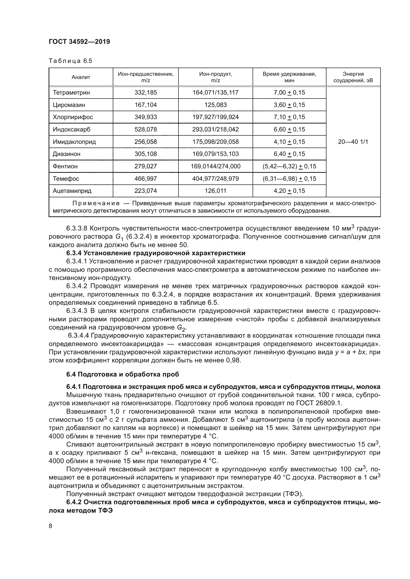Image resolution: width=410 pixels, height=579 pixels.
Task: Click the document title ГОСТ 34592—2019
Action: [x=79, y=42]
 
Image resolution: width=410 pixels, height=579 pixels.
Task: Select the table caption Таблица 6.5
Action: [x=70, y=61]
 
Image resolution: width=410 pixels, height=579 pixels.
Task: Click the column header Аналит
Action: [x=81, y=77]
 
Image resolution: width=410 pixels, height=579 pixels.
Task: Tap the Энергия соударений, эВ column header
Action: [x=353, y=77]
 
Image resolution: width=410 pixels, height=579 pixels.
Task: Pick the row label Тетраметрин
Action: [x=71, y=93]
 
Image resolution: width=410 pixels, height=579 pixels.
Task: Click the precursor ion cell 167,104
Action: [x=146, y=105]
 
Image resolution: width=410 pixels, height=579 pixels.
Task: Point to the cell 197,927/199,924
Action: [x=216, y=117]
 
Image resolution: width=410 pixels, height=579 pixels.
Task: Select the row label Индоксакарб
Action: [x=71, y=129]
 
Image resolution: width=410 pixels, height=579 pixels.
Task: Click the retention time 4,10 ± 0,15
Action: [x=289, y=142]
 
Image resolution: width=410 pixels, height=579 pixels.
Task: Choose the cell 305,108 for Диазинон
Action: [x=146, y=154]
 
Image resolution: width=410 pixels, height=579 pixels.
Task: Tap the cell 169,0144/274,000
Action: [x=216, y=166]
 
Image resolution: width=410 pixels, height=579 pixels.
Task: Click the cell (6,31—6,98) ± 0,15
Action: [x=289, y=178]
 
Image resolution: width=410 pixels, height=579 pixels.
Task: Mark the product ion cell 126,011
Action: [x=216, y=191]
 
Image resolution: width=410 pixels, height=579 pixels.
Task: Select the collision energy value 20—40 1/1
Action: [x=353, y=142]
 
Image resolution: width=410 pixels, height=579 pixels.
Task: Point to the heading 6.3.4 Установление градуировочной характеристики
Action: [x=156, y=253]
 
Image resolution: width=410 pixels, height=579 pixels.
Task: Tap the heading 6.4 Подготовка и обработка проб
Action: [x=123, y=374]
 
